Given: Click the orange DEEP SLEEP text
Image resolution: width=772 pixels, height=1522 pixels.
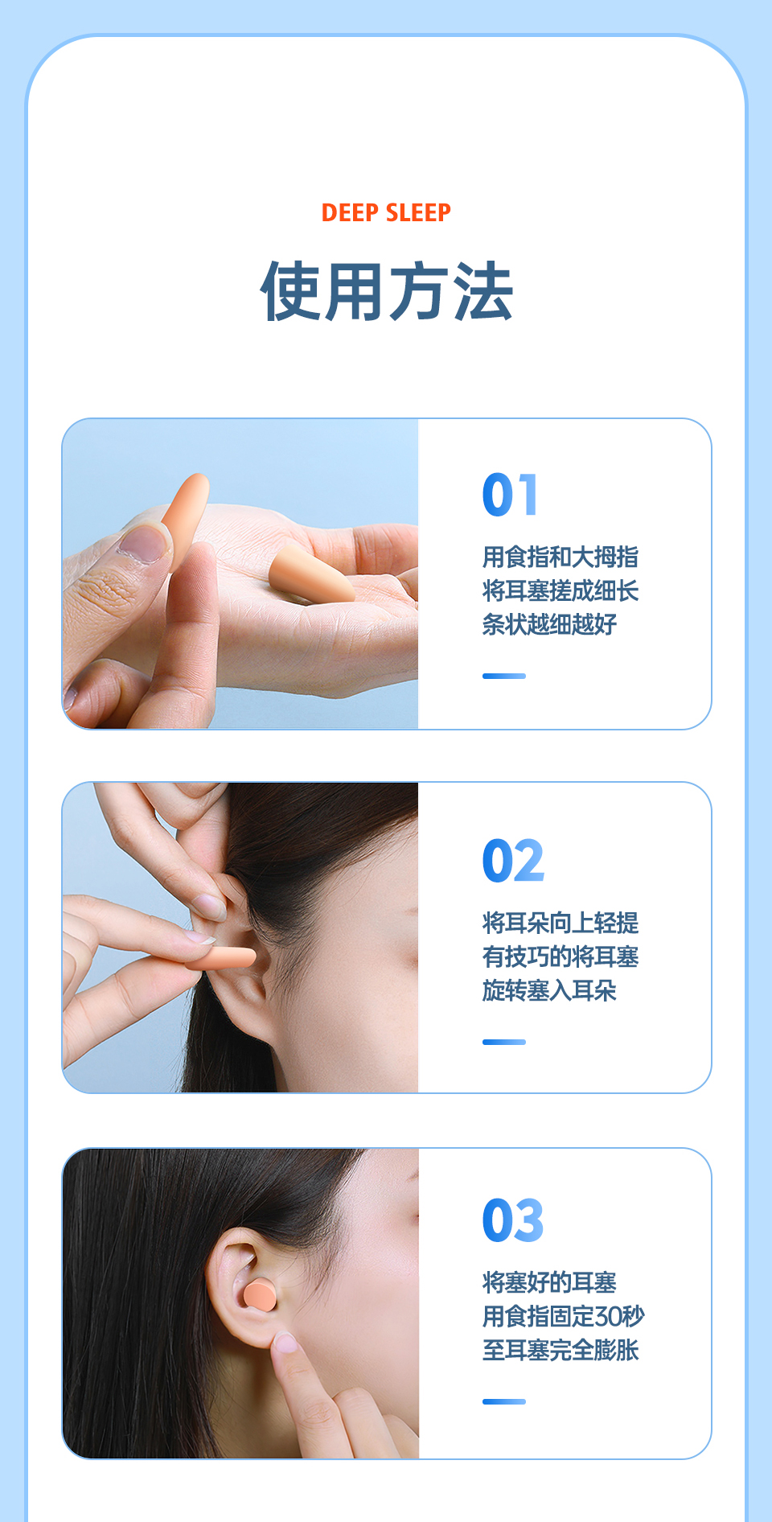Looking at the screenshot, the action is tap(386, 212).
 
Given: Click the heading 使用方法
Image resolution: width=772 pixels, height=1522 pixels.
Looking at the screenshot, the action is tap(386, 291).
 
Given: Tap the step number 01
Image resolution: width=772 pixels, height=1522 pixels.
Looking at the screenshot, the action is tap(510, 495).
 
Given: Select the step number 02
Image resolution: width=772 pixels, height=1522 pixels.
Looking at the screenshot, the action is tap(513, 861).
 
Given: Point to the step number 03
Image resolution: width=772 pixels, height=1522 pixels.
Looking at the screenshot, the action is tap(513, 1220).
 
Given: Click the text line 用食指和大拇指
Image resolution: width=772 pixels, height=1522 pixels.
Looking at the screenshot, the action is tap(561, 557).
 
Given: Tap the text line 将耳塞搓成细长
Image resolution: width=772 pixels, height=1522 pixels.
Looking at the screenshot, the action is tap(561, 590).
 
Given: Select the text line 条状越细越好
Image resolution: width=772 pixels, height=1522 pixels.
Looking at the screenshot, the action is tap(549, 624).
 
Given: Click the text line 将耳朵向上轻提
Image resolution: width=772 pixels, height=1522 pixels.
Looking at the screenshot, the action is tap(561, 923).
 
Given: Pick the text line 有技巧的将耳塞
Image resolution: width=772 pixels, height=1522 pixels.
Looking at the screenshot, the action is tap(561, 956).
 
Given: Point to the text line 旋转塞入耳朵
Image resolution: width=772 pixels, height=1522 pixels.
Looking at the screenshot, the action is tap(549, 990).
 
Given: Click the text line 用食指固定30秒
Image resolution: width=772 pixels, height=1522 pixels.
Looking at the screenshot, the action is tap(563, 1316).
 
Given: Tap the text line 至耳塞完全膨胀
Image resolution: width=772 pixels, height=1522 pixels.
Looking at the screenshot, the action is tap(561, 1350).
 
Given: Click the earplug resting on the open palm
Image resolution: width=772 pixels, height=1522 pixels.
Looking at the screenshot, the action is tap(310, 576).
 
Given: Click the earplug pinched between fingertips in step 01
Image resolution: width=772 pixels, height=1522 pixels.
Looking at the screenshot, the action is tap(184, 515).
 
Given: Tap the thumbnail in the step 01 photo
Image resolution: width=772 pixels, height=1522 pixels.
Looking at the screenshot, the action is tap(142, 543).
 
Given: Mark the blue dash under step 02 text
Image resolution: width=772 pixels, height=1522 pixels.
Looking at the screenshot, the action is tap(504, 1042).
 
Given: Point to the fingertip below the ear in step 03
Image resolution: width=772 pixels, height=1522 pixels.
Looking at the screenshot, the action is tap(285, 1343).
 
